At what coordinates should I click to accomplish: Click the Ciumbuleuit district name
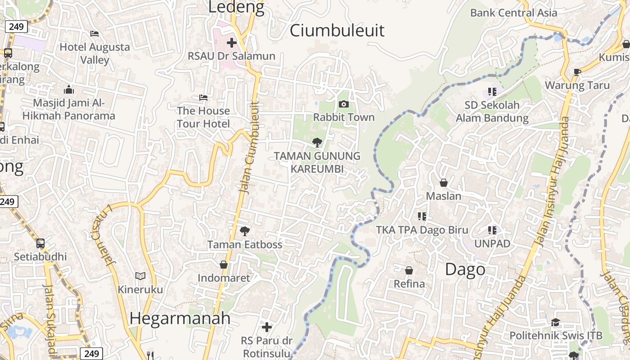(337, 31)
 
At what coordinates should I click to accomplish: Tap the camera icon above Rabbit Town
(344, 104)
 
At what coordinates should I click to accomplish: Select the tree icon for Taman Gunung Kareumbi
(317, 143)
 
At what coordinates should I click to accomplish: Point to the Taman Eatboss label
(245, 245)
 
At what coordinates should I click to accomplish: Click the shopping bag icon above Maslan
(444, 183)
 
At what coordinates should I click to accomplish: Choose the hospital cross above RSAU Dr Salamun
(232, 43)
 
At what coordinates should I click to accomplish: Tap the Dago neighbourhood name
(465, 270)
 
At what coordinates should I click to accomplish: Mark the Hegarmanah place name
(180, 318)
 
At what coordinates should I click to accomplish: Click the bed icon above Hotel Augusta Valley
(94, 34)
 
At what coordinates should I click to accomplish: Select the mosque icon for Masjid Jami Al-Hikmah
(69, 90)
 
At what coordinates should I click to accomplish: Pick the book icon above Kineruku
(140, 276)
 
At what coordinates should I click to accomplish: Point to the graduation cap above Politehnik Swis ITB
(555, 322)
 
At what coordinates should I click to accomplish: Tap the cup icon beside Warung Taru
(578, 72)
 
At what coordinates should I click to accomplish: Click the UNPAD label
(492, 244)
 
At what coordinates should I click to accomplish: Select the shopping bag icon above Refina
(409, 270)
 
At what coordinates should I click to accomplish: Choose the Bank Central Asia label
(513, 13)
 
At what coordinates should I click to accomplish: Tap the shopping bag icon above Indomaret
(224, 265)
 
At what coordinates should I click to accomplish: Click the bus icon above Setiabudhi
(40, 243)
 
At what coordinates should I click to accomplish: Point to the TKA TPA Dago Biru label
(422, 230)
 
